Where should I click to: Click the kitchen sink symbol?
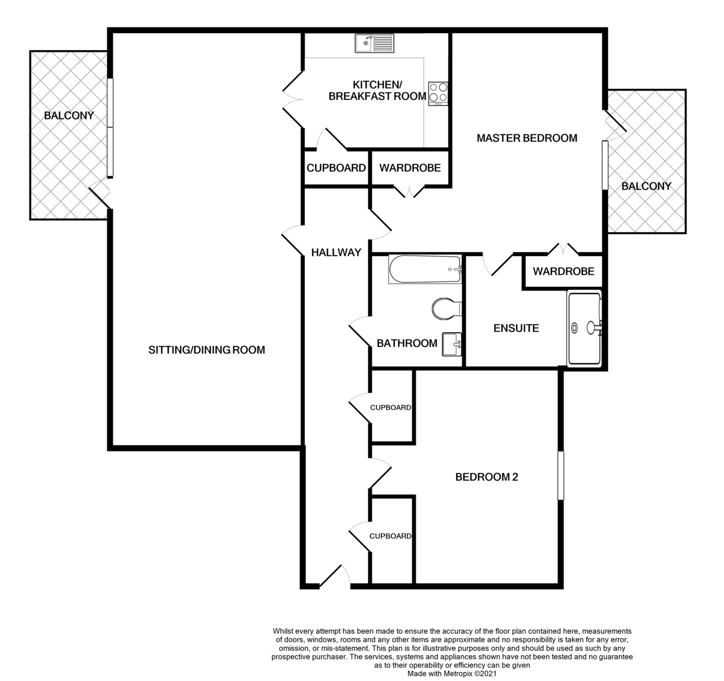(x=374, y=43)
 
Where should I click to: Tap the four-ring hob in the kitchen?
(x=438, y=93)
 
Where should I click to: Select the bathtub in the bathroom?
(x=425, y=269)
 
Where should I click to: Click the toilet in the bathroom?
(x=447, y=309)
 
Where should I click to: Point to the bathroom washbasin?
(x=452, y=344)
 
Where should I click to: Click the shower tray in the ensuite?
(x=585, y=328)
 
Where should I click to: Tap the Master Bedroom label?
(x=527, y=138)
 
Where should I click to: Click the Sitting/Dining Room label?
(x=207, y=350)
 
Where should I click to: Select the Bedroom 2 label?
(x=487, y=477)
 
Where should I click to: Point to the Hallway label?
(x=336, y=253)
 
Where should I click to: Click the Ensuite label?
(x=516, y=328)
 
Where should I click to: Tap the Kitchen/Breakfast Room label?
(x=377, y=90)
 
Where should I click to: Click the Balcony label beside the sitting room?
(x=69, y=116)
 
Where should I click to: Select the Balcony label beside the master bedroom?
(x=646, y=186)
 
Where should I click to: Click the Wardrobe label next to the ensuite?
(x=564, y=271)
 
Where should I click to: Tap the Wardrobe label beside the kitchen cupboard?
(x=410, y=168)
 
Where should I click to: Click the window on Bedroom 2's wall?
(x=560, y=475)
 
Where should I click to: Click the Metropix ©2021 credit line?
(x=452, y=674)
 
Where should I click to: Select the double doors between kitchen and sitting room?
(x=293, y=99)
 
